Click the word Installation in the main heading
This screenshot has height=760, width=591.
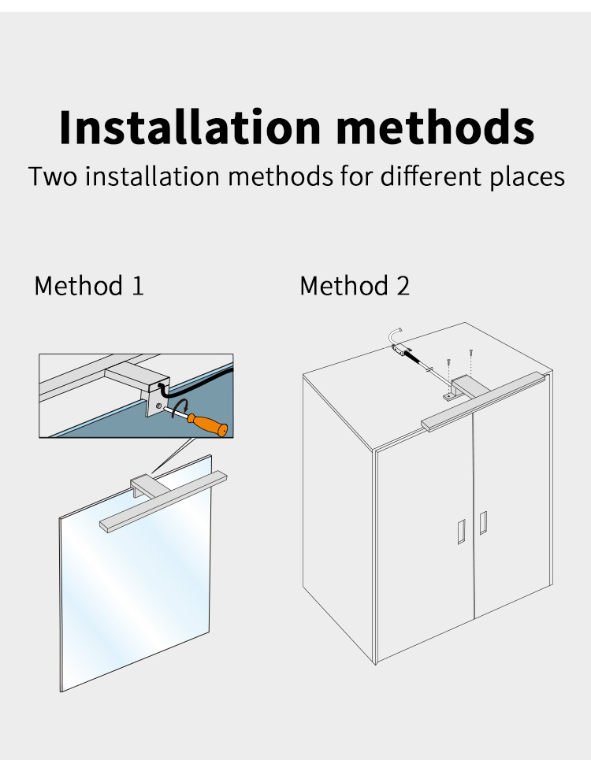tap(190, 127)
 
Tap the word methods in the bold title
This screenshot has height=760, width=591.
tap(436, 127)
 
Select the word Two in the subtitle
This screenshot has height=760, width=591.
tap(53, 176)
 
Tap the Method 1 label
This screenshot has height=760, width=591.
tap(89, 285)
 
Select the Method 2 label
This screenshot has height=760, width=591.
tap(355, 285)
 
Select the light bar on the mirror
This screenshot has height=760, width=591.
tap(163, 502)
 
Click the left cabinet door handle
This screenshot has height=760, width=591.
tap(462, 532)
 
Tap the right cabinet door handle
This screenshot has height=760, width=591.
tap(483, 522)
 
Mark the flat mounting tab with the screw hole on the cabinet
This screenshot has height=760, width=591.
tap(448, 396)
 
